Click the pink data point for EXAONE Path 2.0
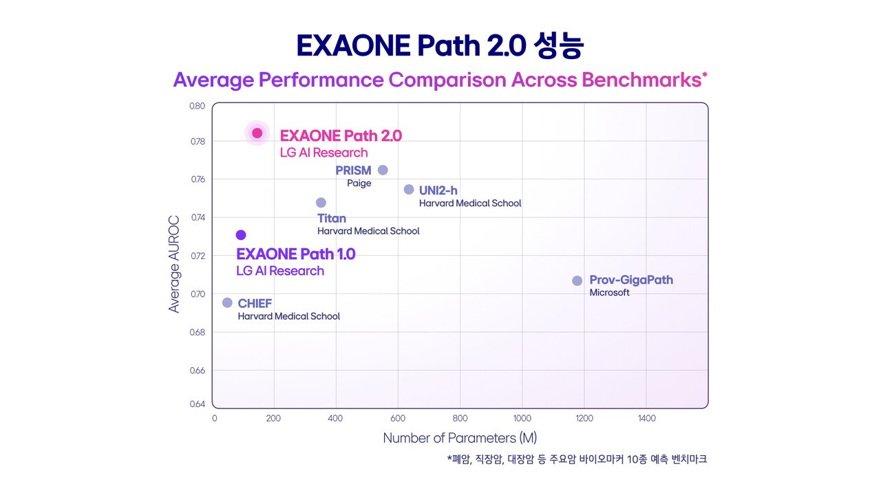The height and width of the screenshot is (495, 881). [x=257, y=133]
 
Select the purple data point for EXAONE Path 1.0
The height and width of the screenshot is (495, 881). [x=241, y=235]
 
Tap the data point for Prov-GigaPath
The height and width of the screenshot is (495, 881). [x=577, y=280]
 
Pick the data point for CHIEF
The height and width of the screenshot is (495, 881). [x=227, y=302]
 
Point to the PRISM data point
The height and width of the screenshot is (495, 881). [x=383, y=170]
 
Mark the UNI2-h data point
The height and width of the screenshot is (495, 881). [x=409, y=189]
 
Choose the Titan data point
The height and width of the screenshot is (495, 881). [x=321, y=202]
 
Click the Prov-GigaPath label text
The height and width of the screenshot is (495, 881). [x=631, y=280]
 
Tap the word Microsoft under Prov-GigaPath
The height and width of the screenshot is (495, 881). [x=609, y=293]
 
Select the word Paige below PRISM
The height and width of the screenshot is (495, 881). [x=359, y=184]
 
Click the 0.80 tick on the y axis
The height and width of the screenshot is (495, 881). [x=198, y=106]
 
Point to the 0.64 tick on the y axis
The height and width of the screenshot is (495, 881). [x=198, y=404]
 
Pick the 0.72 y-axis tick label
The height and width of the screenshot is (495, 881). [x=198, y=256]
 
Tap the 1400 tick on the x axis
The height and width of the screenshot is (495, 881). [x=646, y=418]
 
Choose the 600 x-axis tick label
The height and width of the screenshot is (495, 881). [x=398, y=418]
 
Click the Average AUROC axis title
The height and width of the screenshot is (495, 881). [x=174, y=265]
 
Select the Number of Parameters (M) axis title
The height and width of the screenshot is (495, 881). [x=460, y=438]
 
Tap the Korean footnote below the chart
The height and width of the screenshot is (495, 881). [x=577, y=459]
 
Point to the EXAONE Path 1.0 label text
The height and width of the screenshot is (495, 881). [x=296, y=254]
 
